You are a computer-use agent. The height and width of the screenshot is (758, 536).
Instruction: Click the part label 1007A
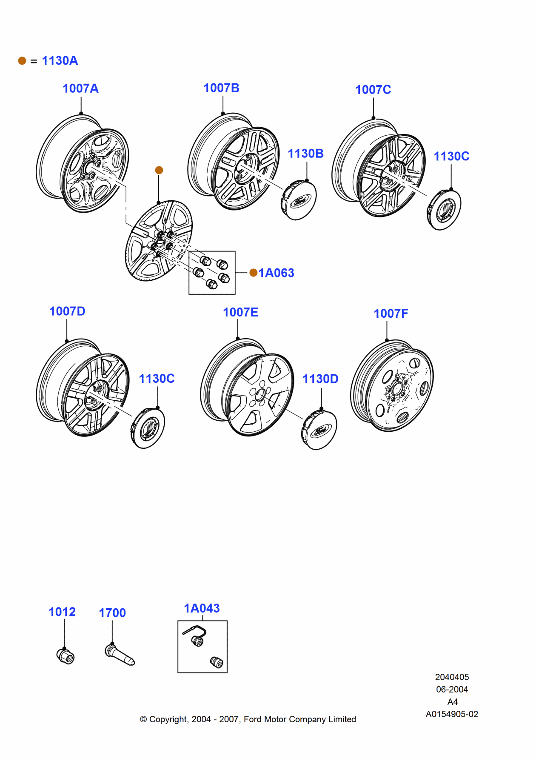(80, 88)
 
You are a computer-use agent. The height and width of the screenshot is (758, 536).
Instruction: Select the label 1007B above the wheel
(221, 88)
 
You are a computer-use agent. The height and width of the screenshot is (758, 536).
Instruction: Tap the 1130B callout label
(305, 154)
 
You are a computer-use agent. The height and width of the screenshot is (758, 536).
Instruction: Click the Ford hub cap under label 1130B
(299, 200)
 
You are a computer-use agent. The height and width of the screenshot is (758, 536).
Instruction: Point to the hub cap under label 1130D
(319, 430)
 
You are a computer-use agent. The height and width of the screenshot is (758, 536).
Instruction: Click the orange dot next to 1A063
(254, 273)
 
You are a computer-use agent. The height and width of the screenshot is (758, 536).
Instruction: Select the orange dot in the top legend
(22, 61)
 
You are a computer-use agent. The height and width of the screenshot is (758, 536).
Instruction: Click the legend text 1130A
(60, 61)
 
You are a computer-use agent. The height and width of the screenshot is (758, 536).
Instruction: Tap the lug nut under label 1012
(66, 656)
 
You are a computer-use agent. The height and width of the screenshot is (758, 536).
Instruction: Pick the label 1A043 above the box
(202, 608)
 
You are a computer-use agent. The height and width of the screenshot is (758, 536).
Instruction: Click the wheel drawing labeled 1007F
(392, 386)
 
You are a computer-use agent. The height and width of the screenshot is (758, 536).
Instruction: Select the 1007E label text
(240, 312)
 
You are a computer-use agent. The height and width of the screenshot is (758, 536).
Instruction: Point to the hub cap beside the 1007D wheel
(147, 428)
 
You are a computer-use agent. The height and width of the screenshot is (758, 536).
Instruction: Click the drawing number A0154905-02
(452, 714)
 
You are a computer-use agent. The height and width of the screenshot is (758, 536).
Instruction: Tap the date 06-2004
(452, 689)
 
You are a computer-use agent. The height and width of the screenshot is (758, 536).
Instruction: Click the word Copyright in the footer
(168, 719)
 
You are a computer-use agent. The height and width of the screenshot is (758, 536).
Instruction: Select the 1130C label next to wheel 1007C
(451, 157)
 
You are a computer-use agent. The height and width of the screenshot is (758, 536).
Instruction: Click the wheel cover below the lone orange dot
(159, 241)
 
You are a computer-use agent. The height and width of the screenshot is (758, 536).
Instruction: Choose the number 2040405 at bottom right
(452, 677)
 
